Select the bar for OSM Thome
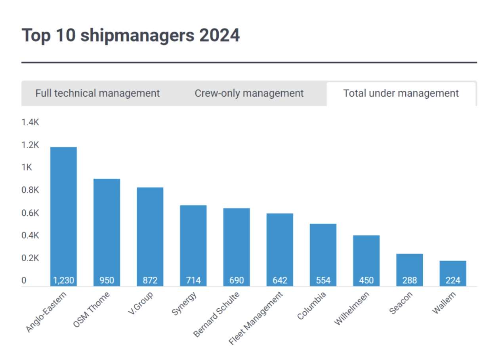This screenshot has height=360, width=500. (107, 232)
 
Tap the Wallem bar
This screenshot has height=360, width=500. (453, 273)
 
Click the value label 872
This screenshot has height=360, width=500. (150, 281)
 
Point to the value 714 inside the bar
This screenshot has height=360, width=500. (193, 281)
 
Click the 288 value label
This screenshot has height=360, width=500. (410, 281)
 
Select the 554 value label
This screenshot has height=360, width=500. (323, 281)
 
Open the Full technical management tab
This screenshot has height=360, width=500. (97, 94)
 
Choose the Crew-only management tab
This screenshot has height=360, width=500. (249, 94)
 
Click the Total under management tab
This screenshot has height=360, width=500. (401, 94)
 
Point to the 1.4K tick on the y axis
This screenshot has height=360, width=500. (31, 123)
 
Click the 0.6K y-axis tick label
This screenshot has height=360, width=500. (31, 213)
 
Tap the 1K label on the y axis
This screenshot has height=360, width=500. (27, 168)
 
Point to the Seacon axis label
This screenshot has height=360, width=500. (401, 303)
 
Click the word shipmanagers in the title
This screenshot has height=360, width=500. (137, 36)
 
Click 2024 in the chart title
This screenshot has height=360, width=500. (219, 36)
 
